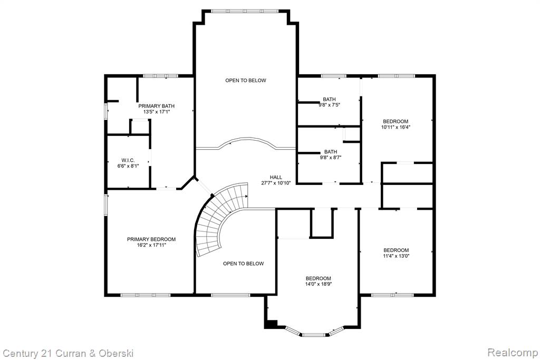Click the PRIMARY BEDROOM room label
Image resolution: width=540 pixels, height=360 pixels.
[x=151, y=239]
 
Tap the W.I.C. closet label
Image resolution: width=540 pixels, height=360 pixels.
[x=128, y=160]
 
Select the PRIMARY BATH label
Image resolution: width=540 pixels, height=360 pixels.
[x=156, y=106]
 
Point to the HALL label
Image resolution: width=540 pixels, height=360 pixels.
[x=276, y=177]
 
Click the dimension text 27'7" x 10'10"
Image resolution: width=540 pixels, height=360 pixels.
[x=276, y=183]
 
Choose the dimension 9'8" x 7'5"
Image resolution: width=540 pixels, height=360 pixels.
[x=329, y=105]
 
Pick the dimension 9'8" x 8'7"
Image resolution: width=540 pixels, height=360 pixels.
[x=331, y=158]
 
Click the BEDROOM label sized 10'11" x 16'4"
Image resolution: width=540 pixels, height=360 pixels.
[x=396, y=121]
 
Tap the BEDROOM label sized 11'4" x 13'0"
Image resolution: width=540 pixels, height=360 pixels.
[x=396, y=250]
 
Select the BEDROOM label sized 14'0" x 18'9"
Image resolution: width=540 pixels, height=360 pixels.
[x=318, y=278]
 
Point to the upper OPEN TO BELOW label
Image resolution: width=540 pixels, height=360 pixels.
[x=246, y=80]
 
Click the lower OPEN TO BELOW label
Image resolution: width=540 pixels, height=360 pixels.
[x=243, y=264]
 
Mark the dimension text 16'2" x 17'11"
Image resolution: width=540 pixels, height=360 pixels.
[x=151, y=245]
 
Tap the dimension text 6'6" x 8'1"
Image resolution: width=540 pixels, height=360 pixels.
[x=128, y=166]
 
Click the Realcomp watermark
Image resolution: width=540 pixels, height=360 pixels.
[x=513, y=353]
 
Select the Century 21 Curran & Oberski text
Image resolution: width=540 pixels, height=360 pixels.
[x=68, y=354]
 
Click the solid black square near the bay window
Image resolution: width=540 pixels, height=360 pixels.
[x=272, y=324]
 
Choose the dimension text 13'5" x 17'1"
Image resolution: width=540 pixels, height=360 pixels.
[x=156, y=112]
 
